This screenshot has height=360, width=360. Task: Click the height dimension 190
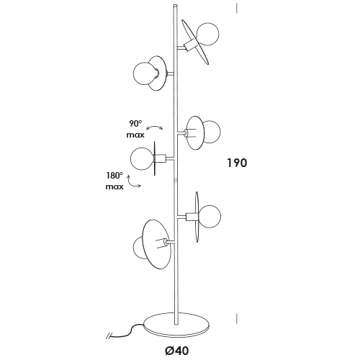pyautogui.click(x=237, y=163)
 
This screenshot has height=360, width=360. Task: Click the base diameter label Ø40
pyautogui.click(x=177, y=351)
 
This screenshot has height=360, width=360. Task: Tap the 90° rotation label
pyautogui.click(x=135, y=124)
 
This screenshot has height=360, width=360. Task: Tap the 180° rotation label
pyautogui.click(x=114, y=176)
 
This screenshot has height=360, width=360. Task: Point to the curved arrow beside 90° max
pyautogui.click(x=155, y=127)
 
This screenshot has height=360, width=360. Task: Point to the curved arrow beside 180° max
pyautogui.click(x=132, y=183)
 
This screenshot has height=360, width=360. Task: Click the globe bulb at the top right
pyautogui.click(x=207, y=34)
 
